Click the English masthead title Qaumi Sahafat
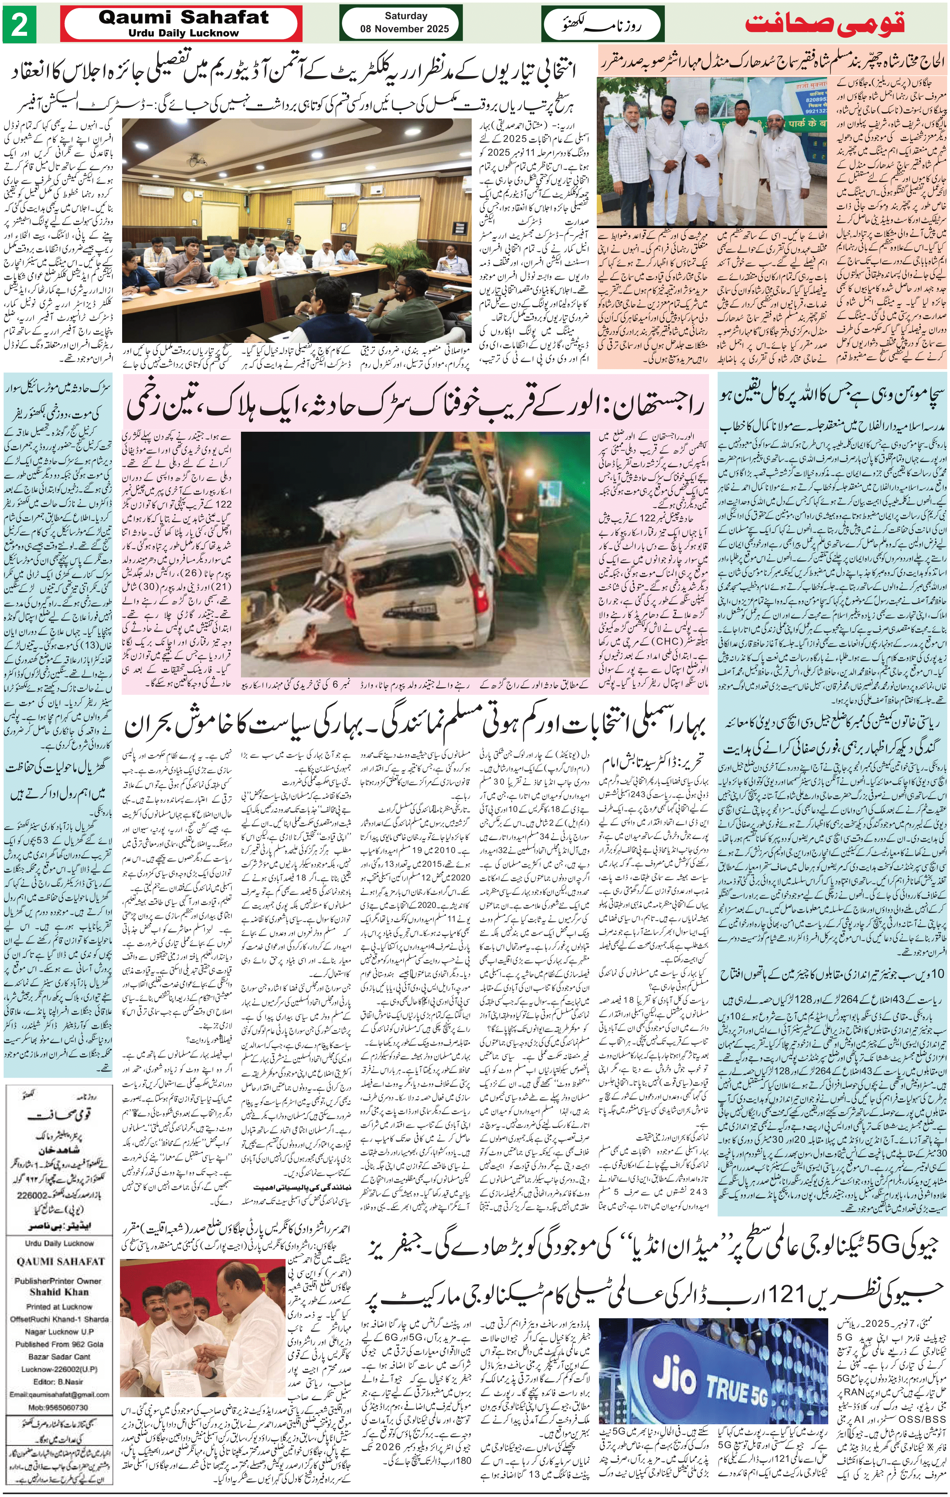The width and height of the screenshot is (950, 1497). coord(184,18)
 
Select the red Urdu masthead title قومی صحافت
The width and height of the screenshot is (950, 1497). coord(825,24)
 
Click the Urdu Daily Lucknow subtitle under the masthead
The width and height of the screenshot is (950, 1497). coord(184,33)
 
